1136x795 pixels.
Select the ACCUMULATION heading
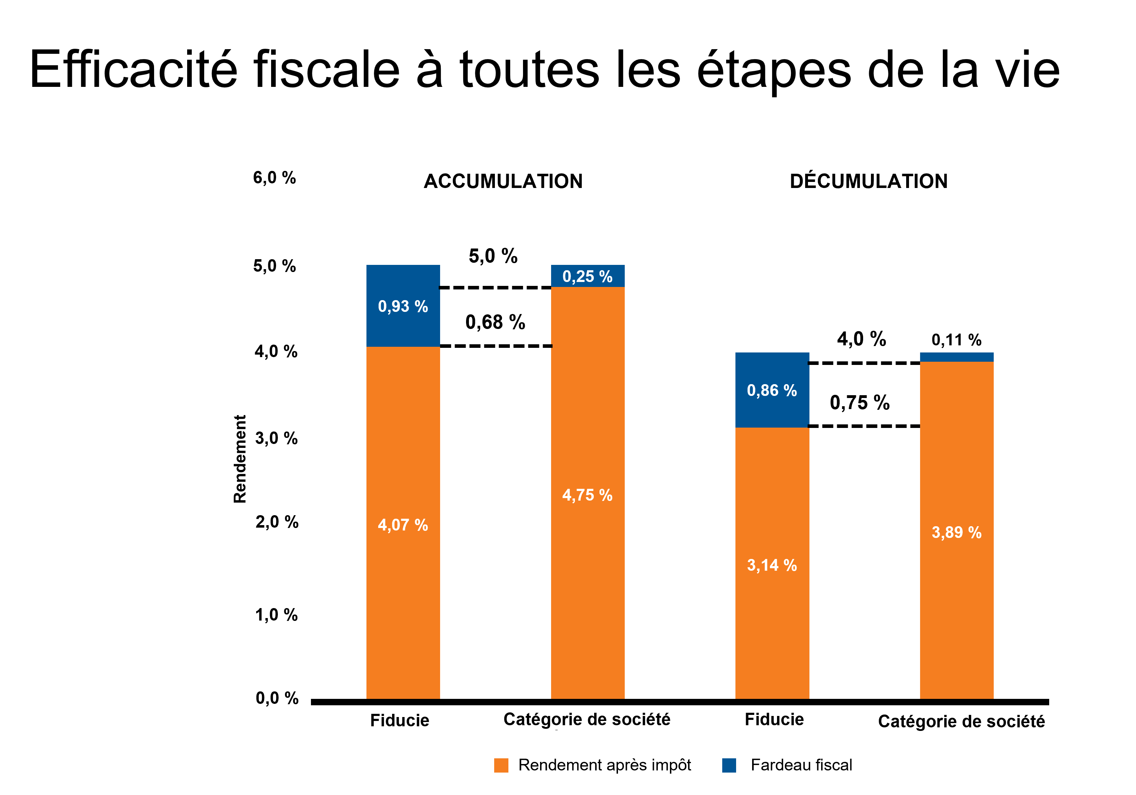tap(503, 181)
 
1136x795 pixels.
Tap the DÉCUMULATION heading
tap(868, 181)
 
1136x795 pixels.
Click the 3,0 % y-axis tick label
tap(276, 438)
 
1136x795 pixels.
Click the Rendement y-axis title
tap(240, 459)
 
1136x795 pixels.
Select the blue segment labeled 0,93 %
tap(403, 306)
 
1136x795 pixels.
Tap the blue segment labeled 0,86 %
tap(772, 390)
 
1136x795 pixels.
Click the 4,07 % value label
tap(403, 525)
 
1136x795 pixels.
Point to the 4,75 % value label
tap(587, 495)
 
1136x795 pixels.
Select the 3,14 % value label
tap(772, 565)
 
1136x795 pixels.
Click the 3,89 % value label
tap(956, 532)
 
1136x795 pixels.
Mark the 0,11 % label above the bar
tap(956, 340)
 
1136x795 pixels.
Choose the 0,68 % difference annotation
tap(495, 322)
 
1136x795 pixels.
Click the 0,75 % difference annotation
tap(860, 402)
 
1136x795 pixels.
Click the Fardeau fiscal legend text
tap(801, 765)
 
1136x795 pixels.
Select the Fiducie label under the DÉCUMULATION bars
tap(774, 719)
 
